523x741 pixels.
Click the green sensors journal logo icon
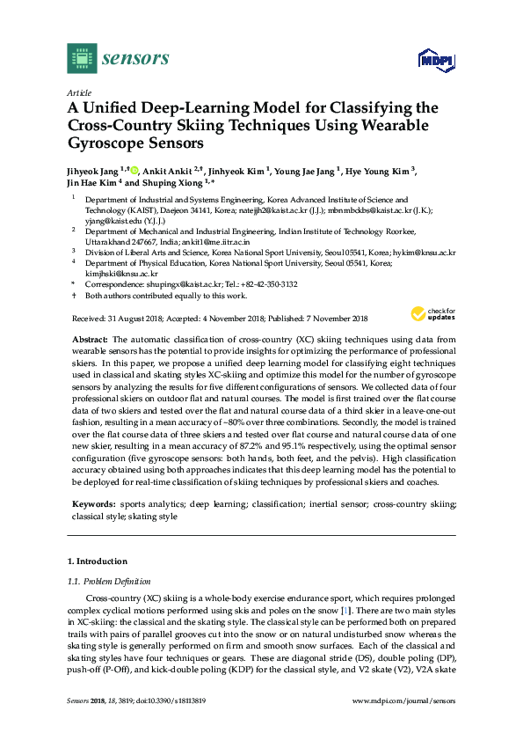click(x=81, y=59)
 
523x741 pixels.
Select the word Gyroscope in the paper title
click(x=103, y=142)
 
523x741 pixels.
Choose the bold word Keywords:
click(x=94, y=504)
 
